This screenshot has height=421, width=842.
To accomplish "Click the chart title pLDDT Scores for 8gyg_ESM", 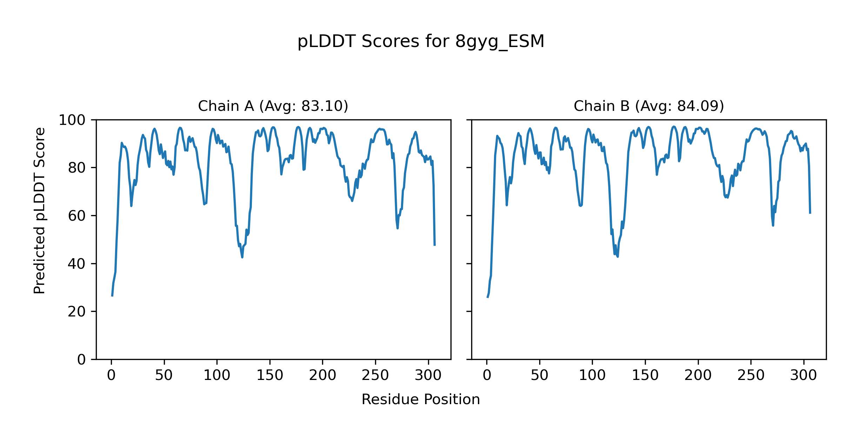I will pyautogui.click(x=421, y=41).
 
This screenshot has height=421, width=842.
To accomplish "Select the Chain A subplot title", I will pyautogui.click(x=273, y=106).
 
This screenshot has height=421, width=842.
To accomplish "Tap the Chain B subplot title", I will pyautogui.click(x=649, y=106).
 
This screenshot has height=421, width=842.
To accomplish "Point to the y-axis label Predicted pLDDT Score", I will pyautogui.click(x=39, y=210).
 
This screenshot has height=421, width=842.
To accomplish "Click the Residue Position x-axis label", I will pyautogui.click(x=421, y=400).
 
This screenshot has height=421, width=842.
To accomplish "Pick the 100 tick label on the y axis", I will pyautogui.click(x=72, y=120).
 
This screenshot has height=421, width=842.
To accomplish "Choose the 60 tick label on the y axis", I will pyautogui.click(x=77, y=216).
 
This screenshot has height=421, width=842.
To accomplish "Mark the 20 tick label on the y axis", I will pyautogui.click(x=77, y=312).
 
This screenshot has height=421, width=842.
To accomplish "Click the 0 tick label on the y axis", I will pyautogui.click(x=81, y=360).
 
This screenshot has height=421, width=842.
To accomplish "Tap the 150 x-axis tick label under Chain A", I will pyautogui.click(x=270, y=375).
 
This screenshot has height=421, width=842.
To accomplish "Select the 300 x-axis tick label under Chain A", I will pyautogui.click(x=428, y=375).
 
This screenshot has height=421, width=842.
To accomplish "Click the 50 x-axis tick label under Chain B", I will pyautogui.click(x=540, y=375).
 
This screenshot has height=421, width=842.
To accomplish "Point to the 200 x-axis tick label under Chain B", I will pyautogui.click(x=698, y=375).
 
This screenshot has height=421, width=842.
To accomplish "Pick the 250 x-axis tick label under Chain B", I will pyautogui.click(x=751, y=375).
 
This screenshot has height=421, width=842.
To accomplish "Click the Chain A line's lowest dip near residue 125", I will pyautogui.click(x=242, y=257).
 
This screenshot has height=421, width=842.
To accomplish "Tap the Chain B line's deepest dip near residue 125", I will pyautogui.click(x=617, y=256).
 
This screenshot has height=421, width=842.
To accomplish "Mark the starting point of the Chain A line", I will pyautogui.click(x=112, y=296).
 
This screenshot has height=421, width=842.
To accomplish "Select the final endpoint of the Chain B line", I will pyautogui.click(x=810, y=213).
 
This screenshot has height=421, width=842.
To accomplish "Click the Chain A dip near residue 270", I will pyautogui.click(x=397, y=228).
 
